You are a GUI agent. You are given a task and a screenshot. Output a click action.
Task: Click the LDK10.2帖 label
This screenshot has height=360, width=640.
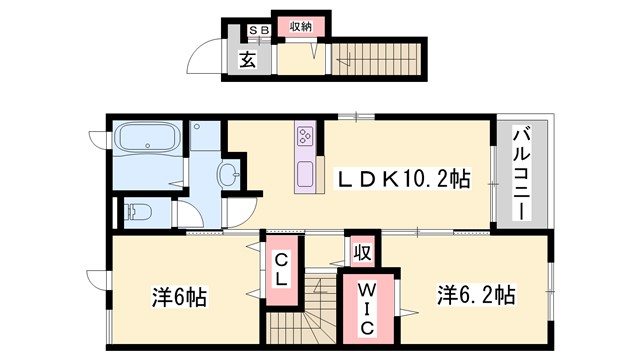pyautogui.click(x=403, y=181)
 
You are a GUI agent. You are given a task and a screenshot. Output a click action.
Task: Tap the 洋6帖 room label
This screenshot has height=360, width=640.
pyautogui.click(x=179, y=297)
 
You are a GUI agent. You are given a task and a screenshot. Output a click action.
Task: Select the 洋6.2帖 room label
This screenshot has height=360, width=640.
pyautogui.click(x=474, y=296)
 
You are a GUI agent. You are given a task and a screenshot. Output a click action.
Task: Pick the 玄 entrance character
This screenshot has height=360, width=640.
pyautogui.click(x=249, y=59)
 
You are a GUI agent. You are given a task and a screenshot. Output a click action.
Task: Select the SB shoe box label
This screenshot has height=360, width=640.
pyautogui.click(x=258, y=29)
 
